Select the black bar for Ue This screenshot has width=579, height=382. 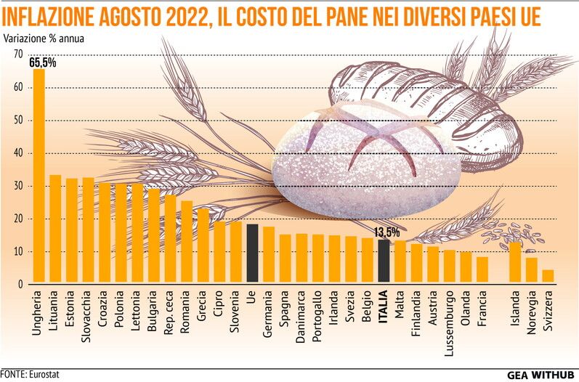point(252,254)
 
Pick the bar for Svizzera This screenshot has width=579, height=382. point(548,277)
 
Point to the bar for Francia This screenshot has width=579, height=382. point(482,270)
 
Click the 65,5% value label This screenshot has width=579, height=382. point(43,63)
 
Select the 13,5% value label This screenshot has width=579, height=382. point(386,232)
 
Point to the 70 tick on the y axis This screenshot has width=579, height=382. point(18,54)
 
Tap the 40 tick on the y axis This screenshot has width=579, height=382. point(18,153)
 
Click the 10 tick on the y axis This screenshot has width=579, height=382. point(18,251)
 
